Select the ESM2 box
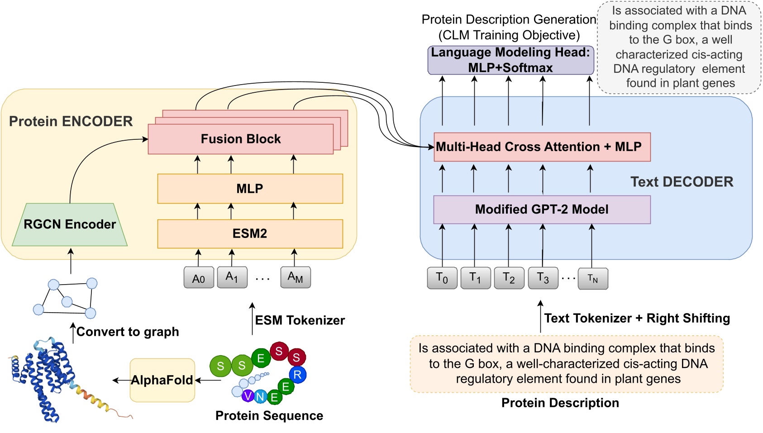point(250,233)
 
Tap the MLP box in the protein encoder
point(250,189)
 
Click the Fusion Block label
point(240,139)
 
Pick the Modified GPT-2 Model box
point(542,209)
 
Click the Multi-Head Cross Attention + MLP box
point(542,147)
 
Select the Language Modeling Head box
point(510,60)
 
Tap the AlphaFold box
point(162,380)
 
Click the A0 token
point(199,278)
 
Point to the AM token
point(295,277)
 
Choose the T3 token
point(543,278)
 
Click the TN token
point(593,279)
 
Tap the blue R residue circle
point(297,375)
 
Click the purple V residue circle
point(248,396)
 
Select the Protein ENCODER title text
point(71,121)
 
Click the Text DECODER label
point(682,182)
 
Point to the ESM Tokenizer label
point(300,320)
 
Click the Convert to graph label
point(128,332)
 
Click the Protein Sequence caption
point(269,416)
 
